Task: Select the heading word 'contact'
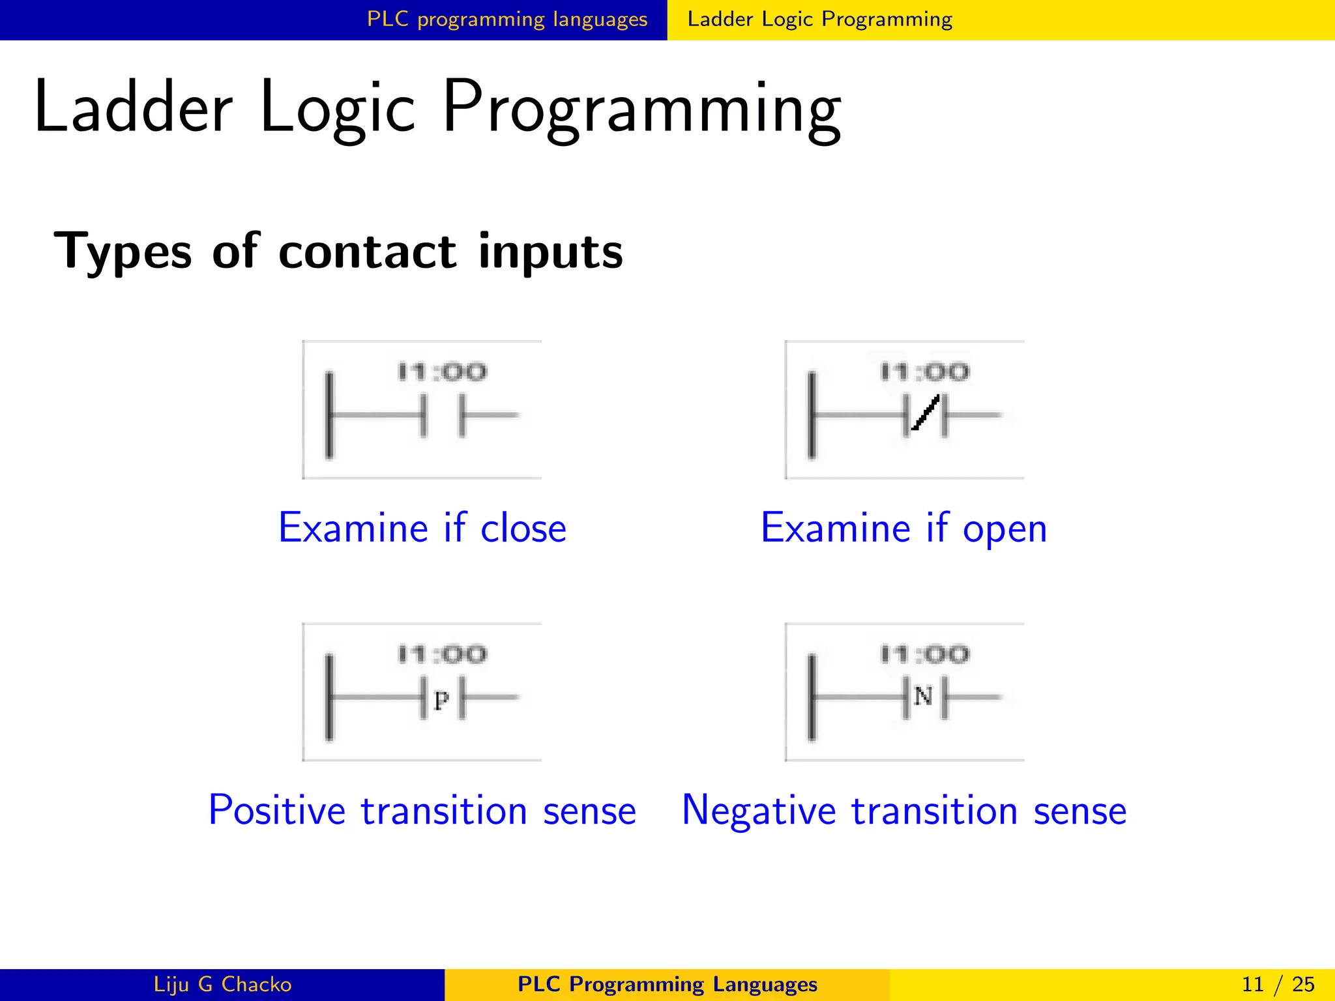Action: click(368, 252)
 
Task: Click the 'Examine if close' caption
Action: click(422, 528)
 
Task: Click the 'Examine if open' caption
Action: click(904, 528)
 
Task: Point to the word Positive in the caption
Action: click(276, 811)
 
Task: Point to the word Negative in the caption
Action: click(758, 811)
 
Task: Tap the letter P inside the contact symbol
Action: click(441, 701)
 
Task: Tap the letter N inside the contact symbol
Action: click(923, 697)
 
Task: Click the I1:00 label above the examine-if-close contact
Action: click(443, 372)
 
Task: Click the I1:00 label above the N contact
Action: click(925, 654)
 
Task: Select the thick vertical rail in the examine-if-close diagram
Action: click(329, 414)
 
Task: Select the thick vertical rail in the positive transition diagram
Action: click(329, 697)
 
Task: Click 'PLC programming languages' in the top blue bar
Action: click(507, 19)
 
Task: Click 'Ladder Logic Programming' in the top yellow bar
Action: click(820, 19)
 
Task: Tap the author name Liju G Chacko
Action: click(222, 984)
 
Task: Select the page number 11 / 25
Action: click(1278, 984)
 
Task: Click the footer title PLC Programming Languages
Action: click(667, 984)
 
